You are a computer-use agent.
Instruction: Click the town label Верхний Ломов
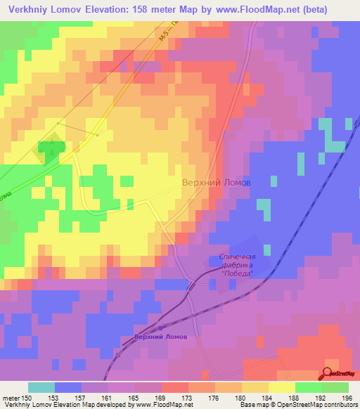point(217,181)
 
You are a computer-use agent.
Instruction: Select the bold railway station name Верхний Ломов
point(160,337)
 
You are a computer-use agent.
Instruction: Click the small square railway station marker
point(161,327)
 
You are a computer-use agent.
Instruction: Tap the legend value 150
point(27,398)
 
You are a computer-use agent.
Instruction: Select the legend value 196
point(345,398)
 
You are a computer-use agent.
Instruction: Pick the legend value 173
point(187,398)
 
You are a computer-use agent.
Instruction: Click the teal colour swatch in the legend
point(41,388)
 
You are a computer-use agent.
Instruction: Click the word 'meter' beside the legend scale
point(11,398)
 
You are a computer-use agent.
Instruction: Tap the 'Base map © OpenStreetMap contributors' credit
point(298,405)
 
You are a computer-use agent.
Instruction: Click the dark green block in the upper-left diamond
point(50,148)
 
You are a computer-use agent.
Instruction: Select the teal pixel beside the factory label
point(267,249)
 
